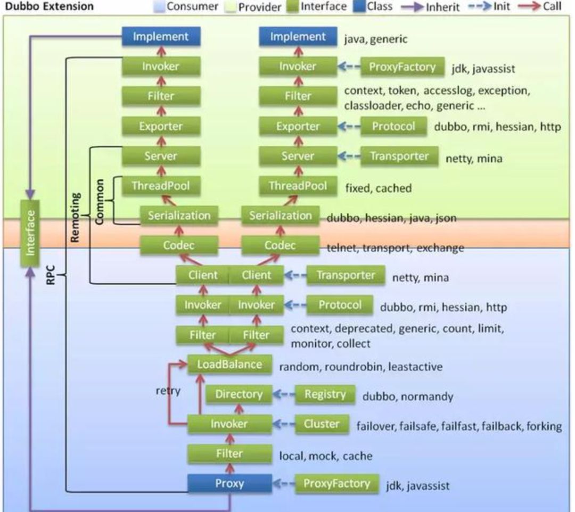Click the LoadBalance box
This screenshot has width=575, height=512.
tap(230, 365)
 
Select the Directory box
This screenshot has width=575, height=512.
tap(239, 394)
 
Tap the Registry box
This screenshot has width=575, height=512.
tap(325, 394)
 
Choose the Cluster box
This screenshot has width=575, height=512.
tap(322, 424)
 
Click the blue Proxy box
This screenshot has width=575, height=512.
tap(229, 484)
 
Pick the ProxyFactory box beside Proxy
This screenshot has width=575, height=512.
tap(336, 484)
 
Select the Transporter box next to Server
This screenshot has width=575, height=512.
tap(399, 156)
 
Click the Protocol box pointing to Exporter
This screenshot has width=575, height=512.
tap(393, 127)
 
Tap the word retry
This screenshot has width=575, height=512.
tap(168, 391)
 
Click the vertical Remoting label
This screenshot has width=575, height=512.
tap(76, 217)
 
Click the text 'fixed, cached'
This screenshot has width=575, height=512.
tap(378, 188)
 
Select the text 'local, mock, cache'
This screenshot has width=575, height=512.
tap(326, 456)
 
